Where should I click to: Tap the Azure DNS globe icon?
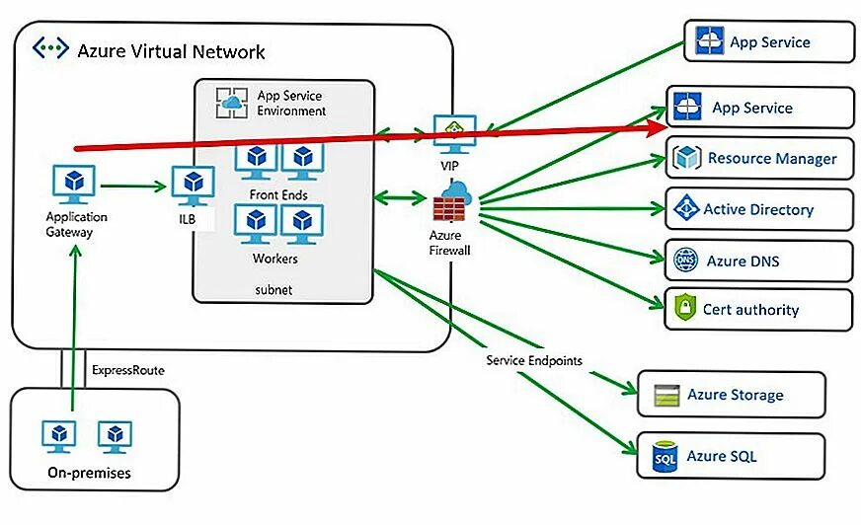coord(685,261)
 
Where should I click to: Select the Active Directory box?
coord(759,209)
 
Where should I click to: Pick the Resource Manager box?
coord(759,158)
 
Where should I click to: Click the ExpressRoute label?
coord(128,371)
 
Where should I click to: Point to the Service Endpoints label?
coord(534,360)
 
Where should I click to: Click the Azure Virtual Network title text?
coord(171,51)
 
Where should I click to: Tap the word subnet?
coord(274,291)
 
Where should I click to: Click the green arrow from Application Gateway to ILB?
coord(132,185)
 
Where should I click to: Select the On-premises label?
coord(89,473)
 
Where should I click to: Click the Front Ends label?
coord(278,194)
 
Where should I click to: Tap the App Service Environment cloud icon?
coord(231,102)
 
